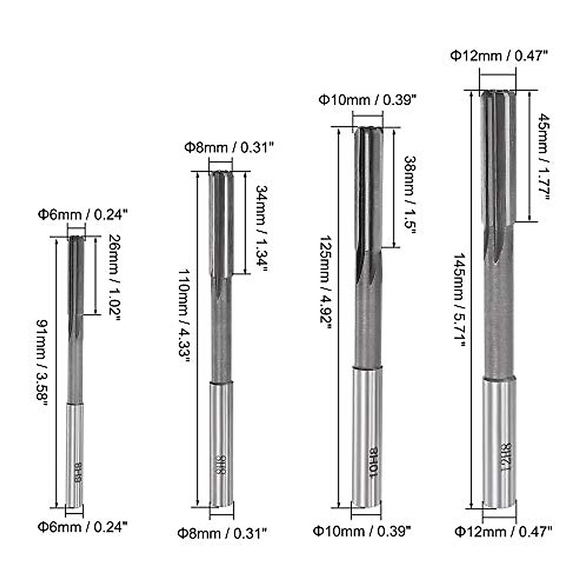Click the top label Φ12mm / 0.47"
pyautogui.click(x=498, y=56)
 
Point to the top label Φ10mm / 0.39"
pyautogui.click(x=367, y=100)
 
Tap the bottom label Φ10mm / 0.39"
pyautogui.click(x=362, y=530)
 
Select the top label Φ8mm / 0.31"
pyautogui.click(x=228, y=147)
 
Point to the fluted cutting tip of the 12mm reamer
pyautogui.click(x=497, y=157)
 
